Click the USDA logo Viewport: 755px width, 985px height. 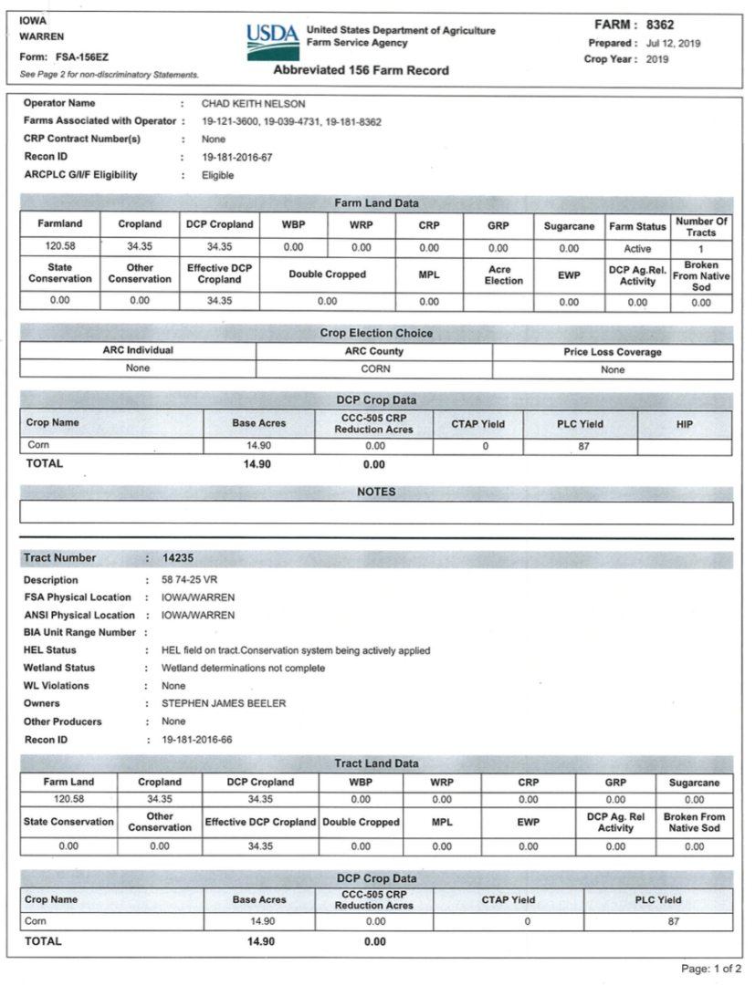(272, 42)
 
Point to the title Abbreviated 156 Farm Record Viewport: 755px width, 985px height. (361, 70)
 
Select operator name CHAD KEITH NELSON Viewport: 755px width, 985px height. (253, 103)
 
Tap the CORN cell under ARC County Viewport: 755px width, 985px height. (375, 368)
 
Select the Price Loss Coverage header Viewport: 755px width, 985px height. (613, 351)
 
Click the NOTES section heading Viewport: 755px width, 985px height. (376, 492)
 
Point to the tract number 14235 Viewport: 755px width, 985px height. (177, 557)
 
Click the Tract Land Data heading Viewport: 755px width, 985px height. (376, 762)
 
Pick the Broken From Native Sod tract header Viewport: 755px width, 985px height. (694, 822)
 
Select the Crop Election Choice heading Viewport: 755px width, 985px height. (376, 333)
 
